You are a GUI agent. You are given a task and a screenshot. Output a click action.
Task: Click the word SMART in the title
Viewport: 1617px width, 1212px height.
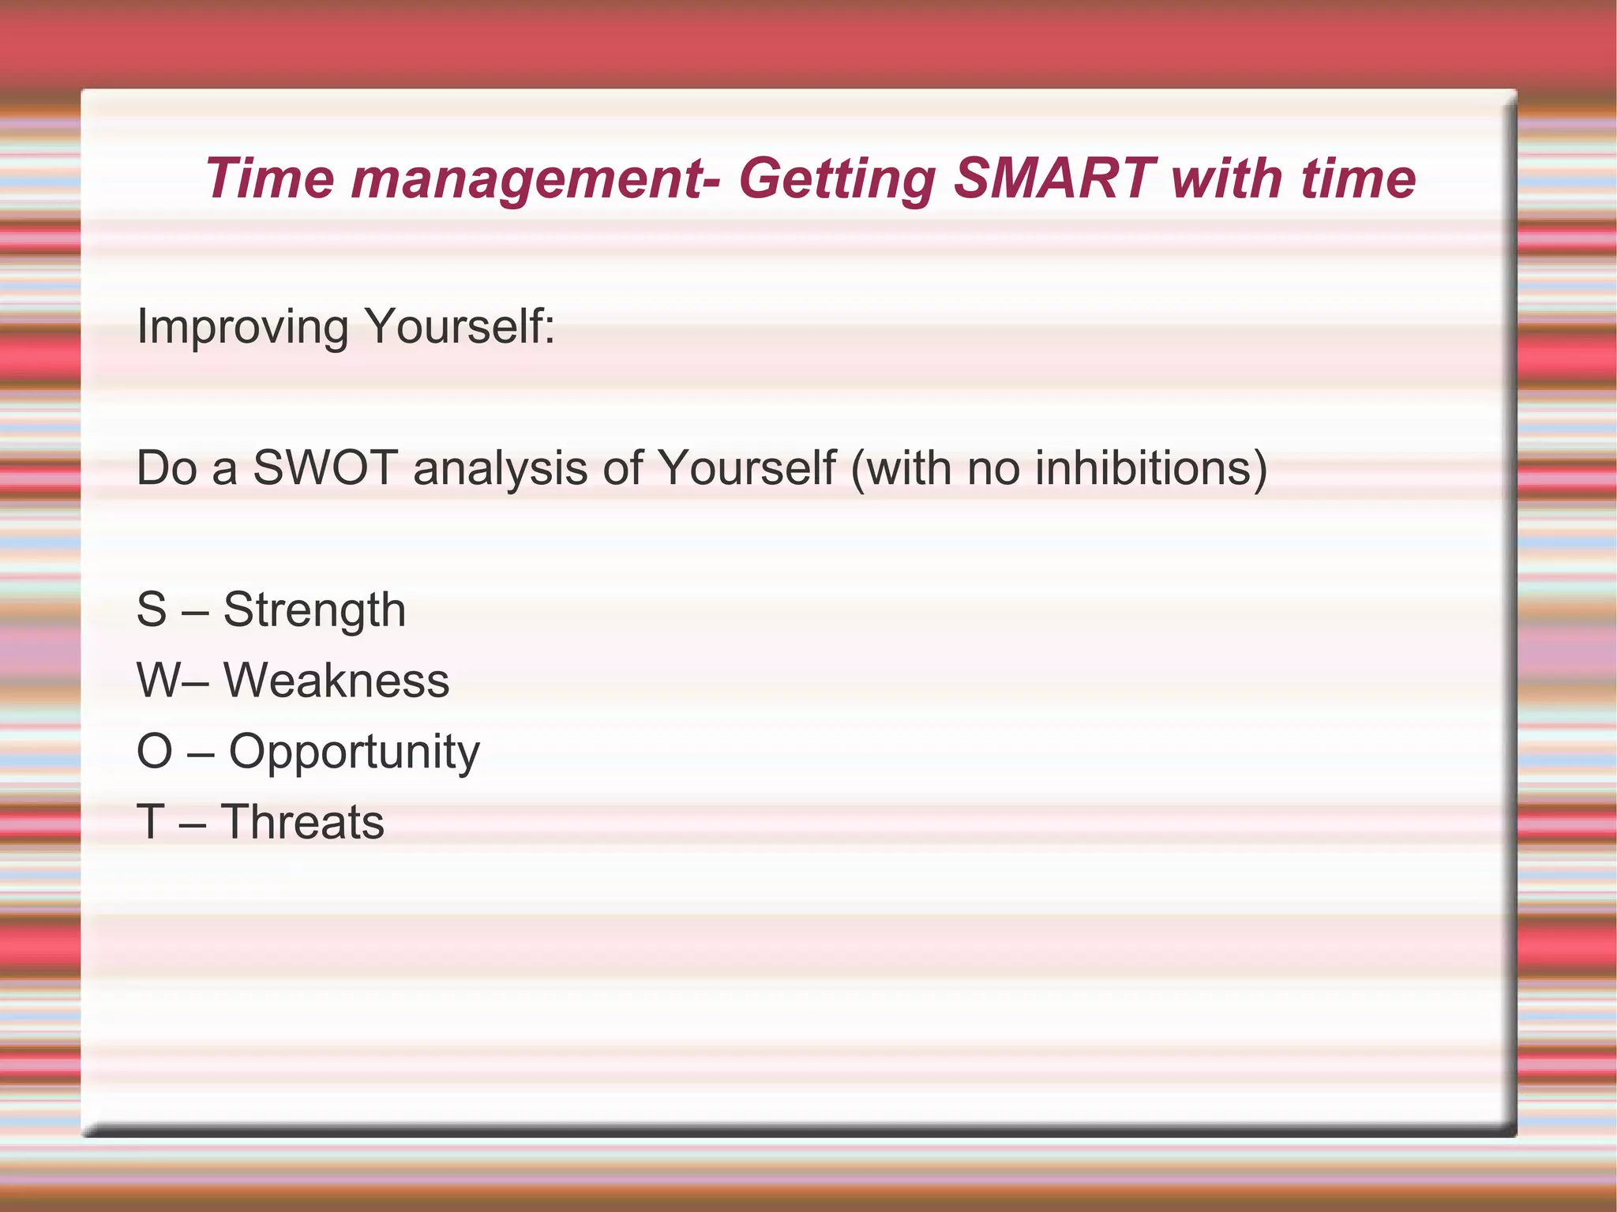click(x=1053, y=178)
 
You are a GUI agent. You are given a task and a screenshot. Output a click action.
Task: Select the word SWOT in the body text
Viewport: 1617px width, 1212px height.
click(x=325, y=468)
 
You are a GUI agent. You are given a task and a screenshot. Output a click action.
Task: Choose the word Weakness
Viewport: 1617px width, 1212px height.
click(x=336, y=681)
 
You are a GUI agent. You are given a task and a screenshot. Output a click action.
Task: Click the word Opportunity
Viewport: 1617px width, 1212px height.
click(x=354, y=752)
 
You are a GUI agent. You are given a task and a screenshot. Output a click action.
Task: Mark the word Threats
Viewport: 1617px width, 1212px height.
click(x=302, y=822)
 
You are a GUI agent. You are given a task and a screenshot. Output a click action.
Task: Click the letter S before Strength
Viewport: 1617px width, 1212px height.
click(x=152, y=610)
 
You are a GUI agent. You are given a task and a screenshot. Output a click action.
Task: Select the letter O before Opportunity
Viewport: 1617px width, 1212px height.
click(x=154, y=751)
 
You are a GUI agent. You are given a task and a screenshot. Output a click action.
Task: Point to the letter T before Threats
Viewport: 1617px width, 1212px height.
click(x=150, y=822)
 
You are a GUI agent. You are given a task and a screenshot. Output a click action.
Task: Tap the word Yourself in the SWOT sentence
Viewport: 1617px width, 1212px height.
click(x=746, y=468)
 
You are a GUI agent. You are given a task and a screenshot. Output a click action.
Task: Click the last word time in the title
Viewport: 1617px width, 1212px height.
click(x=1357, y=178)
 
